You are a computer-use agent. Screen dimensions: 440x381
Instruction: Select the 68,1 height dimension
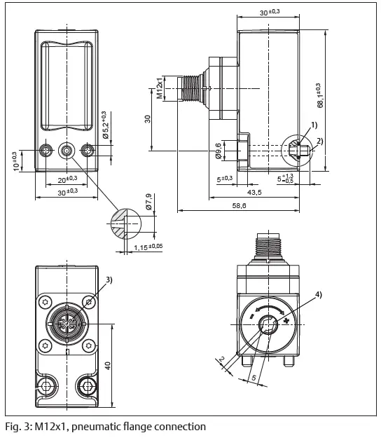(x=320, y=95)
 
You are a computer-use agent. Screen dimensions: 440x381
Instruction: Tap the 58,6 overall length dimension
(x=240, y=205)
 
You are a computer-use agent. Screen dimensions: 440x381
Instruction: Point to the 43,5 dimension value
(x=254, y=192)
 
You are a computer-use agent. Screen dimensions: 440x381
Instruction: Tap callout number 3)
(x=109, y=280)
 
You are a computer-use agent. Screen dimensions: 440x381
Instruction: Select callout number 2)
(x=320, y=141)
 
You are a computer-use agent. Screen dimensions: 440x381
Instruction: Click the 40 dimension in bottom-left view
(x=109, y=366)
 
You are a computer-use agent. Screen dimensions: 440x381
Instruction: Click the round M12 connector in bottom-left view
(x=66, y=323)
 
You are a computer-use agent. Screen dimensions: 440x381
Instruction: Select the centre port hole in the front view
(x=67, y=150)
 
